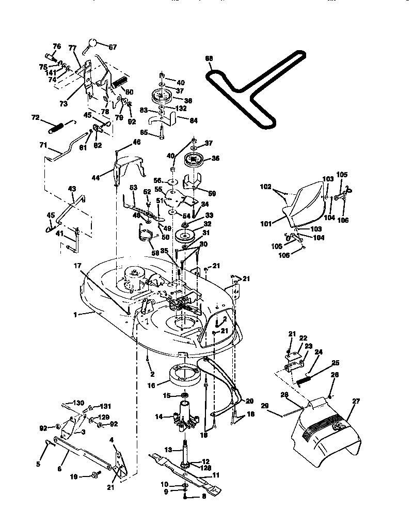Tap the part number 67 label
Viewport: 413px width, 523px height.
tap(113, 47)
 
